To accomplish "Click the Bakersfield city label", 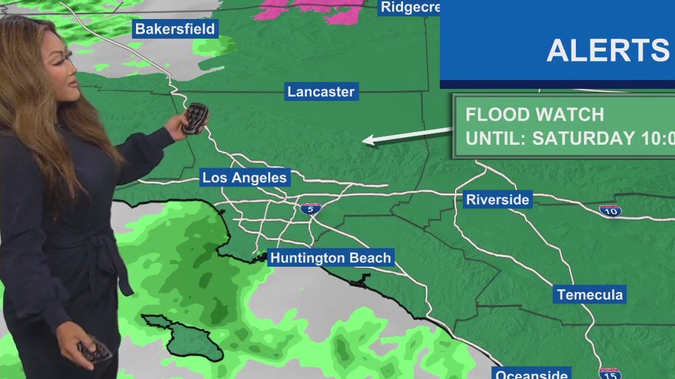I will coord(175,29).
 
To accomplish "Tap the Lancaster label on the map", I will coord(321,91).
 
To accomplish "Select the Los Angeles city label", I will coord(245,178).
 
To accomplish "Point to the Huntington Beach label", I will coord(331,258).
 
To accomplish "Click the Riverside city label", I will coord(498,199).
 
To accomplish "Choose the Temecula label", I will coord(590,295).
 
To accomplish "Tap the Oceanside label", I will coord(531,374).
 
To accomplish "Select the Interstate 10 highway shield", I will coord(610,211).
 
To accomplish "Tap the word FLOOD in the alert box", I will coord(498,115).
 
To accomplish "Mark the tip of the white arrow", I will coord(364,142).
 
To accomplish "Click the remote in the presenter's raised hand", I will coord(194,118).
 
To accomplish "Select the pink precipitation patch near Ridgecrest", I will coord(311,9).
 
